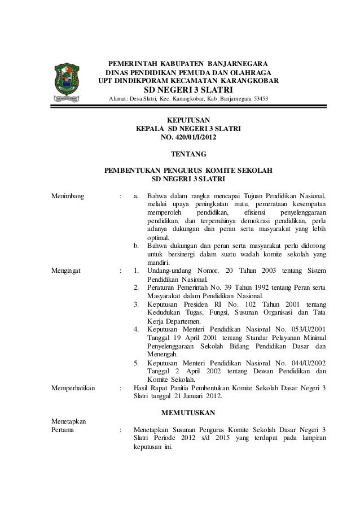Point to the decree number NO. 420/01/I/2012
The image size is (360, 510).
pos(188,137)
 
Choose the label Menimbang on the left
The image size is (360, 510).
pos(68,196)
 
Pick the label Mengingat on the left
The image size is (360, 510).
pos(66,271)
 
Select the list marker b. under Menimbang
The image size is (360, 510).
pos(136,246)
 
